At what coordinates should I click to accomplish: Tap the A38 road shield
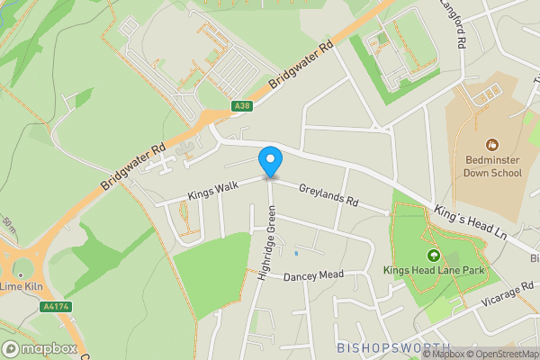(241, 105)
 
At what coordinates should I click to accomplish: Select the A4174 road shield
(56, 308)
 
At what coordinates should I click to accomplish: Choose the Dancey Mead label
(313, 275)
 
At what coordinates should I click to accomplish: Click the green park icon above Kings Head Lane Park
(432, 256)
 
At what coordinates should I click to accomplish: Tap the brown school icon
(491, 144)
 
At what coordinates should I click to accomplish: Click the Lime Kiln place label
(23, 286)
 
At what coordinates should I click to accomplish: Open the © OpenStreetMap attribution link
(499, 353)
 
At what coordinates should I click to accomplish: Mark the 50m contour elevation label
(9, 226)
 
